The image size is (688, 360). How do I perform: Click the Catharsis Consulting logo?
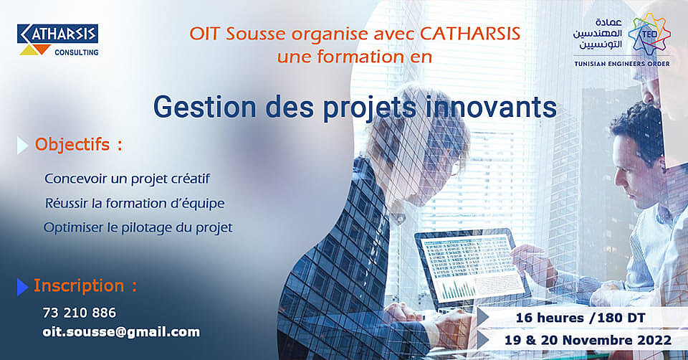[58, 40]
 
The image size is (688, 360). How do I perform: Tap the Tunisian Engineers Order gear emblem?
[649, 34]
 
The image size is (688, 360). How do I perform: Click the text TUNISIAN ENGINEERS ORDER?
[622, 64]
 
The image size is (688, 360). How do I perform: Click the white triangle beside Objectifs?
[22, 146]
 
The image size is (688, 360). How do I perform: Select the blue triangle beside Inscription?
[22, 287]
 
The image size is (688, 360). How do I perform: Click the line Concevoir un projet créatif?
[128, 179]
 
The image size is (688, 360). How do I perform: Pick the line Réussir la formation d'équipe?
[135, 203]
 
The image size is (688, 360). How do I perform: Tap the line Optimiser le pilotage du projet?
[138, 228]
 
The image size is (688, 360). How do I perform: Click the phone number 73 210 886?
[80, 313]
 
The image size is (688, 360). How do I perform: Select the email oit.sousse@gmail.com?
[121, 332]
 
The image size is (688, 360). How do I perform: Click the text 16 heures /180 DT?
[580, 318]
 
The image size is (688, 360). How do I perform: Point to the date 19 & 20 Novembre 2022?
[588, 340]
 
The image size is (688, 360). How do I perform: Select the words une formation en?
[355, 57]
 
